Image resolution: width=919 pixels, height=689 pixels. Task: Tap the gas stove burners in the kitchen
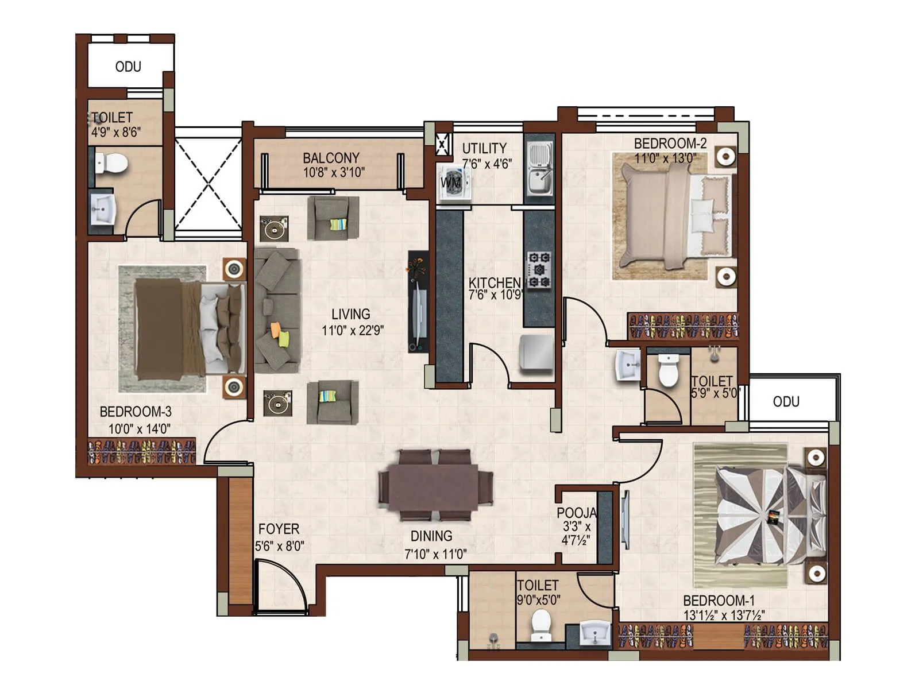coord(539,270)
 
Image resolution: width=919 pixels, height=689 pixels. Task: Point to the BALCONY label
coord(331,157)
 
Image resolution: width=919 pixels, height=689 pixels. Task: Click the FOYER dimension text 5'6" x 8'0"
coord(279,545)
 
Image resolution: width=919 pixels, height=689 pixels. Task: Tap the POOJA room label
coord(576,513)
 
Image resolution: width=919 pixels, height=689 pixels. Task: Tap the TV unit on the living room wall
coord(418,301)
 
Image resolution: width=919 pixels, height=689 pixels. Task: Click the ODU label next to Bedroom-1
coord(786,401)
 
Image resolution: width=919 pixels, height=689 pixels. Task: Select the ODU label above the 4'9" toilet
coord(128,67)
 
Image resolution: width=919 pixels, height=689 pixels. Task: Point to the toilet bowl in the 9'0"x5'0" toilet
coord(540,624)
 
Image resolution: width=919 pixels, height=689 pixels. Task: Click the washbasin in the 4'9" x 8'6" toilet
coord(104,210)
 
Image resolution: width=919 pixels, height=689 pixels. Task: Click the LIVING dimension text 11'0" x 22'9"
coord(352,330)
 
